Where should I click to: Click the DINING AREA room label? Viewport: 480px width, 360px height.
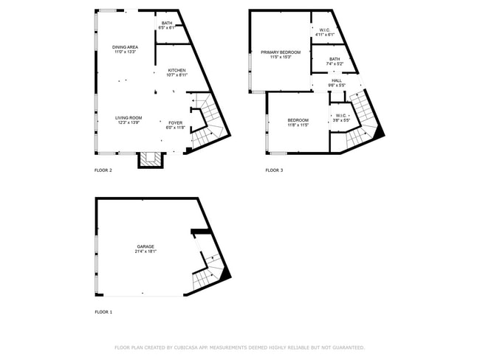point(126,46)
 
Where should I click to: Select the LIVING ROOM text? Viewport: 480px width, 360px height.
point(128,118)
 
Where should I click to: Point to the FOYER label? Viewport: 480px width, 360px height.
point(175,122)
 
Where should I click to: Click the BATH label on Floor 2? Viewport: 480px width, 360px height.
point(167,23)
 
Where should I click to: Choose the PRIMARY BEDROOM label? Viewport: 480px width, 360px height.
point(281,52)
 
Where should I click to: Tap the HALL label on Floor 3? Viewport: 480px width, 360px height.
point(337,80)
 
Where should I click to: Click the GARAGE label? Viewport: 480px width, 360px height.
point(145,246)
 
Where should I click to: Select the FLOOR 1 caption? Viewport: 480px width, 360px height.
point(103,312)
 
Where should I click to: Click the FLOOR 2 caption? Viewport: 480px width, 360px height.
point(103,170)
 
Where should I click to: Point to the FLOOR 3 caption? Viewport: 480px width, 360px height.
point(274,170)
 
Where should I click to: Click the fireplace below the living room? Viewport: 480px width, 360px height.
point(151,159)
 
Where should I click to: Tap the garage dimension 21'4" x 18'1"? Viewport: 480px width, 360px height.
point(145,252)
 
